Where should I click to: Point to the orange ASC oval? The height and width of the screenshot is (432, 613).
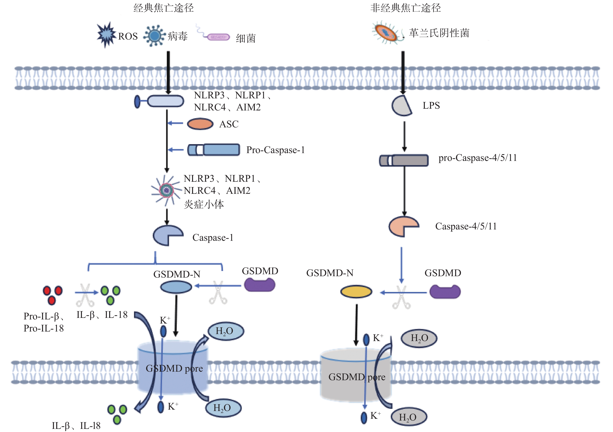coord(200,124)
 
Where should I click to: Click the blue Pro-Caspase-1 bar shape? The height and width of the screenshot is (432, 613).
coord(214,150)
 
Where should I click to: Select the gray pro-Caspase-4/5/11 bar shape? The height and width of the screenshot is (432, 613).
coord(404,160)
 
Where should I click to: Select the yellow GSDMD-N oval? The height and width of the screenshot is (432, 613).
coord(356,291)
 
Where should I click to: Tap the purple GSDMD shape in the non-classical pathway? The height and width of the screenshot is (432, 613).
coord(445,291)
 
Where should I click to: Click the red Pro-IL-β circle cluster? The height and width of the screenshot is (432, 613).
coord(53,295)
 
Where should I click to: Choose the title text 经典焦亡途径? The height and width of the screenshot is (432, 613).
coord(163,8)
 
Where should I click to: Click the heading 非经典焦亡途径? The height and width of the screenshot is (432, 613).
coord(405,8)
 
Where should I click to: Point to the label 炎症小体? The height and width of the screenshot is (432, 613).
coord(204,204)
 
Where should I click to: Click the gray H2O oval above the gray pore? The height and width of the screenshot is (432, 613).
coord(419,338)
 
